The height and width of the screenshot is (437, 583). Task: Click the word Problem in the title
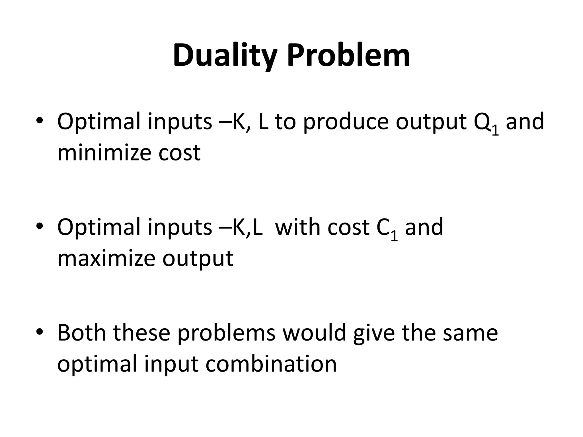(x=348, y=55)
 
